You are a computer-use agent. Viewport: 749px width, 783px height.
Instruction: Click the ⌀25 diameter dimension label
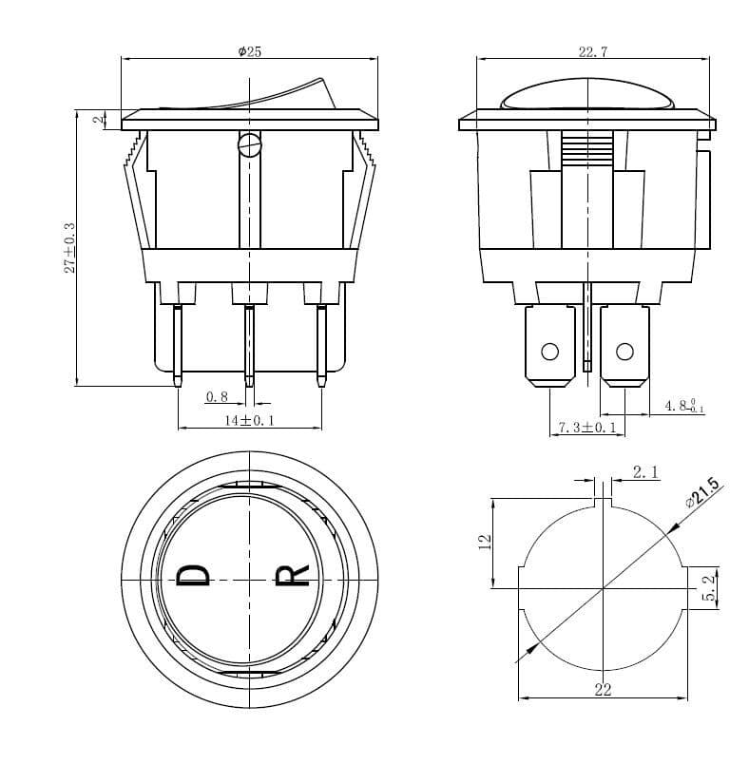249,51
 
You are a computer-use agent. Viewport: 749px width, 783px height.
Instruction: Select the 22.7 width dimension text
592,52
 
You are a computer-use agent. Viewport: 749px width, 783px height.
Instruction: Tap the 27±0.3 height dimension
69,249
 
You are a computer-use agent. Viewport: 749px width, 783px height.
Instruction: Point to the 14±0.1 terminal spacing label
249,420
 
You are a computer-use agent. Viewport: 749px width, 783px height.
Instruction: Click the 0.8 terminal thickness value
217,397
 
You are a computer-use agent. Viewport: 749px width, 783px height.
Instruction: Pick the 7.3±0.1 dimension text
586,429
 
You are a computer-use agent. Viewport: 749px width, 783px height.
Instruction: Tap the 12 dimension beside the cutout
485,542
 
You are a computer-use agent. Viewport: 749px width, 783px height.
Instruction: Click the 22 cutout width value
603,690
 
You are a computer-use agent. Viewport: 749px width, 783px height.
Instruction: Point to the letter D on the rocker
194,576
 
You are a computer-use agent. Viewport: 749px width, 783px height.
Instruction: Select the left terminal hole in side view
549,353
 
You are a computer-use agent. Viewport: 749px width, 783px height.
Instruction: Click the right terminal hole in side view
624,353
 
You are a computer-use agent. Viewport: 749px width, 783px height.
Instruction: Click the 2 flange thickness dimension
97,120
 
